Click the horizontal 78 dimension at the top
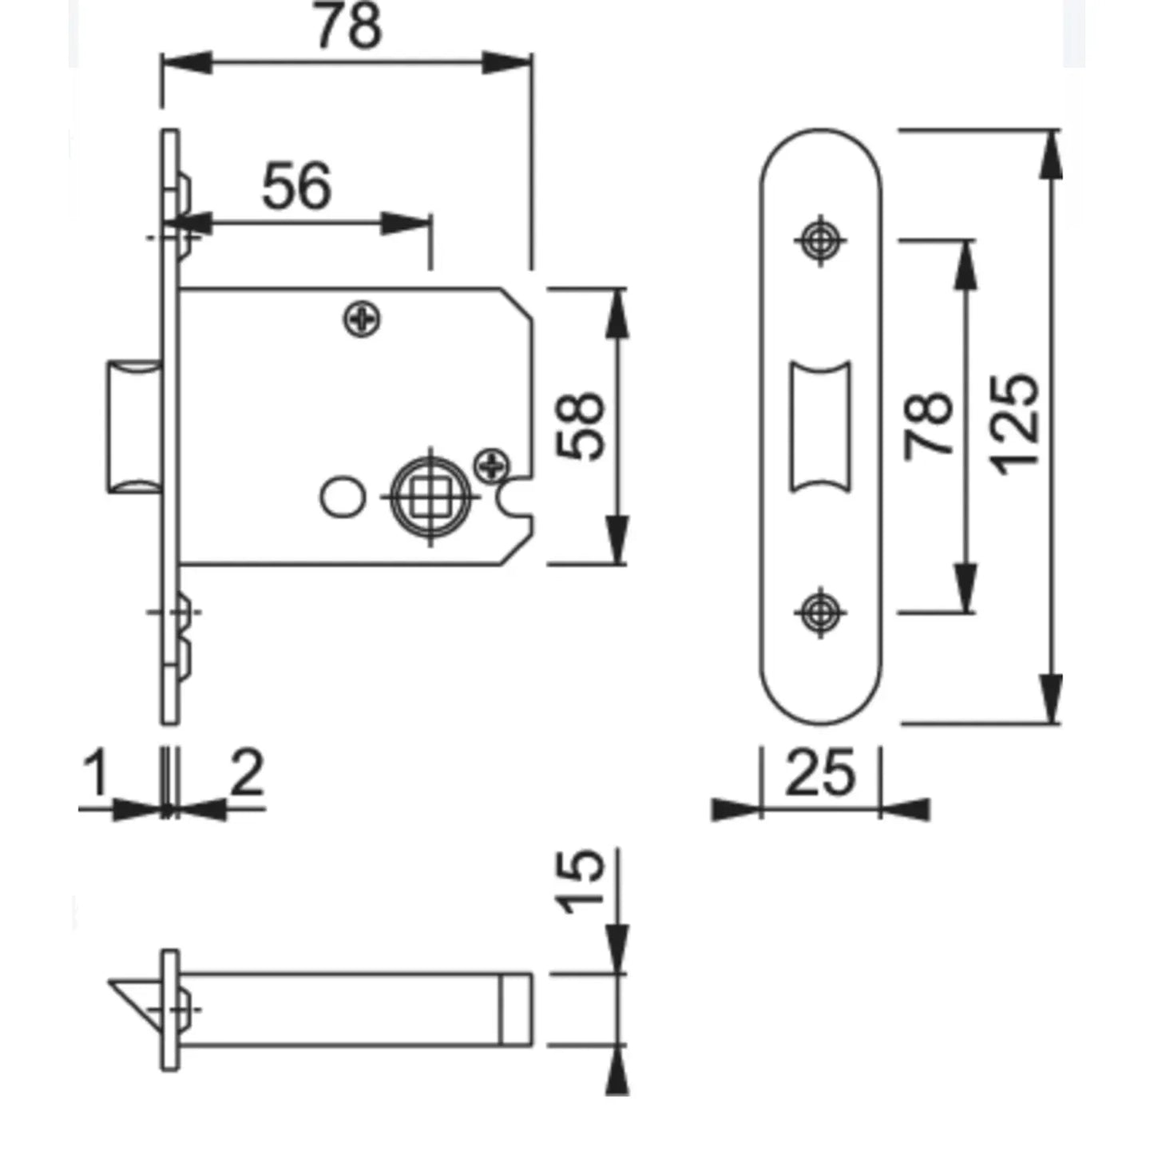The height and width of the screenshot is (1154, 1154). (348, 26)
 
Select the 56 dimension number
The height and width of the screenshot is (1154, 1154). (297, 185)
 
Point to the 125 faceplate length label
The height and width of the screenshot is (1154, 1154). (1013, 426)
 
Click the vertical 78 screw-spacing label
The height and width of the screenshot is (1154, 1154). (928, 426)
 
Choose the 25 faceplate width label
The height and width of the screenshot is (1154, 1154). (820, 773)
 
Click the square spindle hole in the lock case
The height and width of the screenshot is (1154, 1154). (430, 497)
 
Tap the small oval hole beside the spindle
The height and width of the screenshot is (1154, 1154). (343, 497)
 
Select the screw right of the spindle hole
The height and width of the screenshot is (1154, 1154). (492, 463)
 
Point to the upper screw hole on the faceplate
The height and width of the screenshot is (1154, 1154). (820, 240)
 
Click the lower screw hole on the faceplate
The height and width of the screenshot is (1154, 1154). (820, 612)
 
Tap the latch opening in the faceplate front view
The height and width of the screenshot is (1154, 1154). (820, 426)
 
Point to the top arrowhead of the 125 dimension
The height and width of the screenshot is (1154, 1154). (1050, 154)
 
